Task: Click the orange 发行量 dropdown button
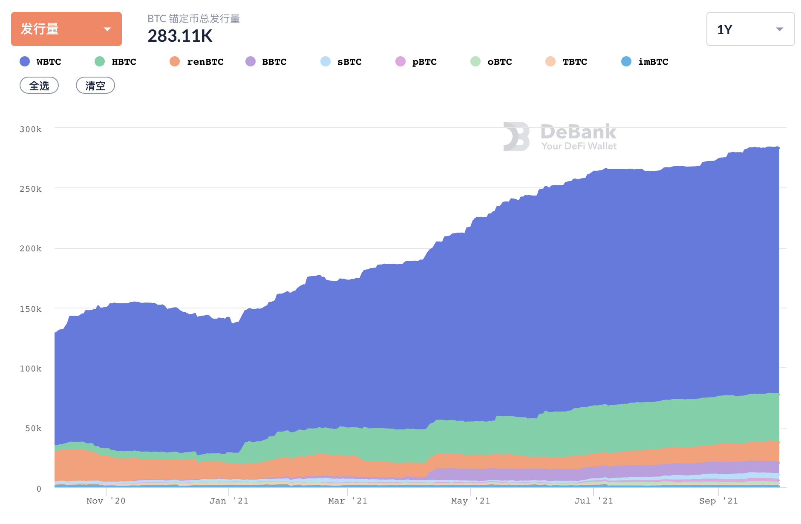tap(66, 29)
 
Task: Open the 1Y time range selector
tap(750, 29)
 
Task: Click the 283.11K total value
tap(180, 36)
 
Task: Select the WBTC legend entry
tap(41, 62)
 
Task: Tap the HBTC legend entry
tap(116, 62)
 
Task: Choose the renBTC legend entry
tap(197, 62)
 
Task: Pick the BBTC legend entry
tap(266, 62)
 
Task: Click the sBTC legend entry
tap(341, 62)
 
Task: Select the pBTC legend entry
tap(416, 62)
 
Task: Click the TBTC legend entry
tap(567, 62)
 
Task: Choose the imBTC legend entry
tap(645, 62)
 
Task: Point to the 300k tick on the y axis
tap(31, 129)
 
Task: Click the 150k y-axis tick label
tap(31, 309)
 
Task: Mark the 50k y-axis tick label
tap(33, 429)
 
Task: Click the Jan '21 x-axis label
tap(229, 501)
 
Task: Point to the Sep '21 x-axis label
tap(718, 501)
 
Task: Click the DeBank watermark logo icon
tap(516, 137)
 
